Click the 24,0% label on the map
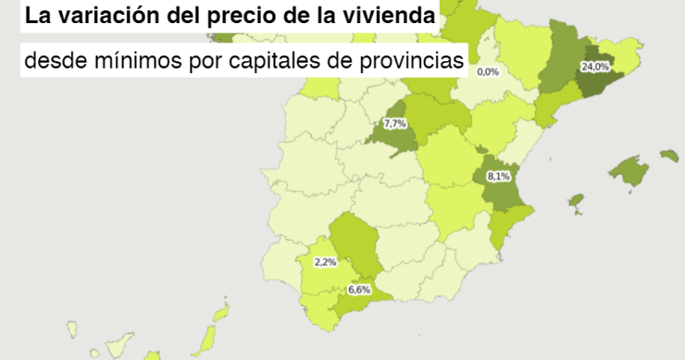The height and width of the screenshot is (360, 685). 594,67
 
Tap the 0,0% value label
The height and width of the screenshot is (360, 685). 487,71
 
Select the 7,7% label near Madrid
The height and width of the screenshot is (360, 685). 395,123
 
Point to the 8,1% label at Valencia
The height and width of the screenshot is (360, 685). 498,176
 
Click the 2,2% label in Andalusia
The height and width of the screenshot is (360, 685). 325,262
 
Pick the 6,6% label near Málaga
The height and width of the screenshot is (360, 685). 358,290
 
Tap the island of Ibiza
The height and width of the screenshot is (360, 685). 576,200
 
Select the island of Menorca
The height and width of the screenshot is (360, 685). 669,155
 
